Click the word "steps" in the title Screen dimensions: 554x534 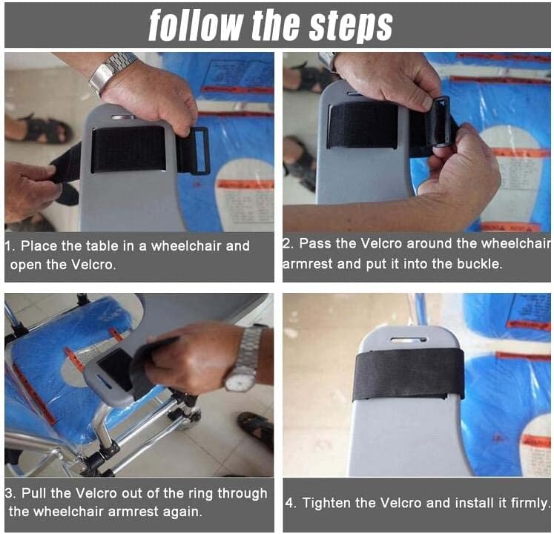pyautogui.click(x=351, y=26)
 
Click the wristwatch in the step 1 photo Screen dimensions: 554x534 pyautogui.click(x=111, y=72)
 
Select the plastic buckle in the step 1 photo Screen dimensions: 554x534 pyautogui.click(x=199, y=151)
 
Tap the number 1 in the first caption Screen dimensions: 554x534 pyautogui.click(x=7, y=246)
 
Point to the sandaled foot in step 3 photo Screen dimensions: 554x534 pyautogui.click(x=255, y=429)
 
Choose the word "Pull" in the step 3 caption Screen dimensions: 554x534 pyautogui.click(x=34, y=493)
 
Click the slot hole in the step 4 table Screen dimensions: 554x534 pyautogui.click(x=409, y=340)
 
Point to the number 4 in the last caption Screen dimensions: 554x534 pyautogui.click(x=289, y=503)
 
